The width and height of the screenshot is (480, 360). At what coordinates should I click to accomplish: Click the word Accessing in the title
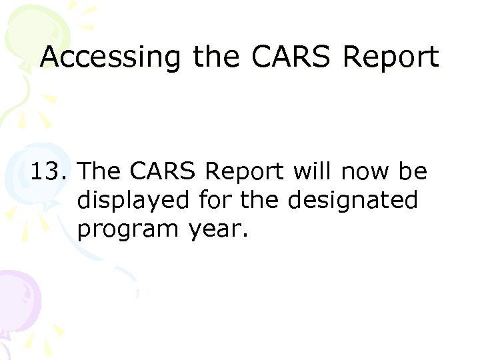click(x=110, y=58)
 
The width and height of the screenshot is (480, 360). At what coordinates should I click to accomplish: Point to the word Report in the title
click(x=390, y=59)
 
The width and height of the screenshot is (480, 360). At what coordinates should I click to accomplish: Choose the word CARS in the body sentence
click(x=163, y=172)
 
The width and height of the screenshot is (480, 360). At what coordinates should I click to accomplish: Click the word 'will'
click(x=315, y=172)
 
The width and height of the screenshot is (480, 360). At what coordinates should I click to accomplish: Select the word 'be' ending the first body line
click(x=413, y=172)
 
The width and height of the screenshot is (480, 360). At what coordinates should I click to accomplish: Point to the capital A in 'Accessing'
click(x=51, y=57)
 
